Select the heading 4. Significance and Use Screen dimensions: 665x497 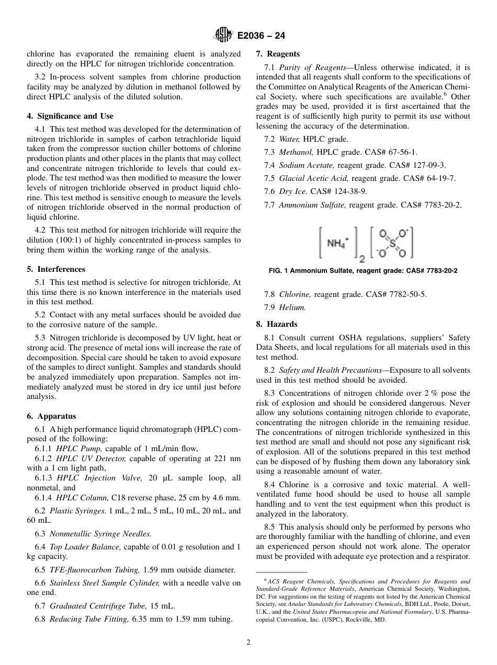(x=70, y=116)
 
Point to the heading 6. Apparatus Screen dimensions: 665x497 (x=51, y=416)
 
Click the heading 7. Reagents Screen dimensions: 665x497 (x=278, y=54)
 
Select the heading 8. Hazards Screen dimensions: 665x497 (x=276, y=324)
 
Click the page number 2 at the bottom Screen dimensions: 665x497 (x=249, y=643)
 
